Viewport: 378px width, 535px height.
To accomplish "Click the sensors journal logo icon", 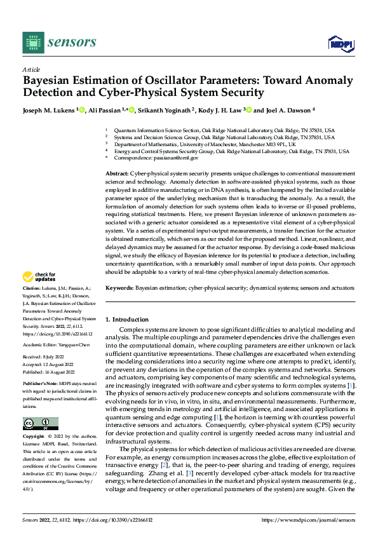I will coord(33,42).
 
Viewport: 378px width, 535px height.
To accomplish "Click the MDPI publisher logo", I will coord(340,43).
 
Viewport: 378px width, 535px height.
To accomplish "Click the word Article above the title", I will coord(31,69).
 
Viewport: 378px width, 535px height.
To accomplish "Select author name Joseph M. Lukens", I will coord(49,110).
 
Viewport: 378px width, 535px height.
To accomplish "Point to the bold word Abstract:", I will coord(116,173).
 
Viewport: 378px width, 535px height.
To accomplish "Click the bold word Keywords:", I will coord(119,288).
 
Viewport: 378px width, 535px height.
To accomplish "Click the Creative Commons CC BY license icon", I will coord(40,423).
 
